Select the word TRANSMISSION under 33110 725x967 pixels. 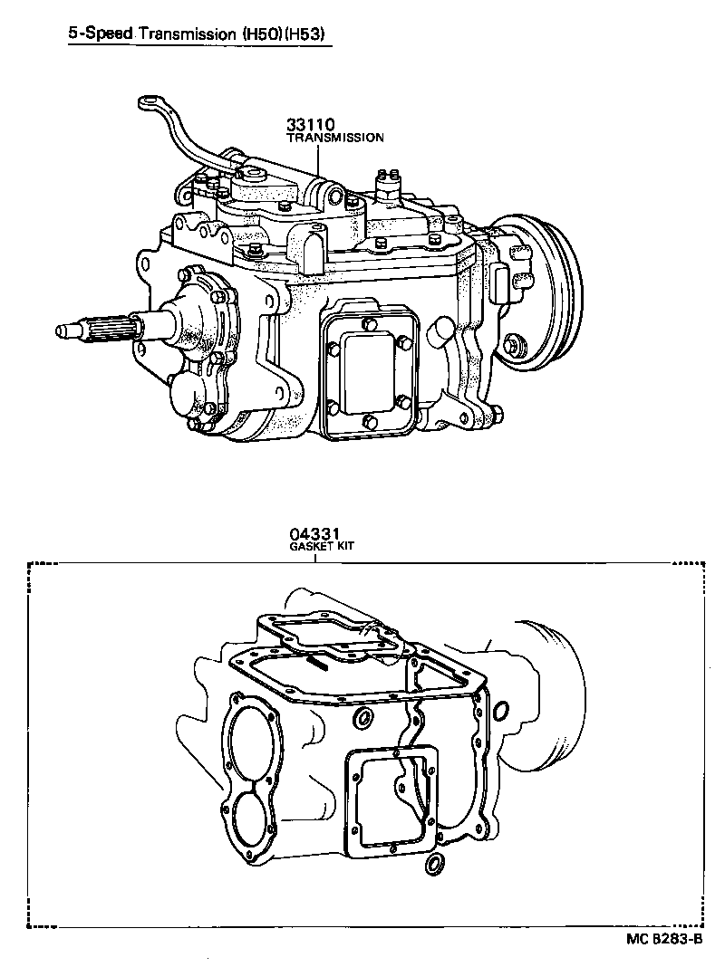pyautogui.click(x=335, y=139)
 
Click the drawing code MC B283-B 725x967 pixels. pyautogui.click(x=664, y=939)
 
